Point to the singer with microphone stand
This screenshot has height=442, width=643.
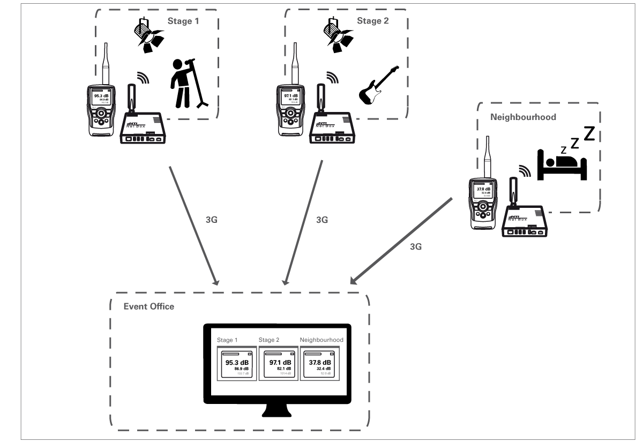pyautogui.click(x=183, y=83)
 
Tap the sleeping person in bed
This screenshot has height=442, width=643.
pyautogui.click(x=562, y=161)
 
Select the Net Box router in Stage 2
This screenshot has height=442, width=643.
pyautogui.click(x=328, y=126)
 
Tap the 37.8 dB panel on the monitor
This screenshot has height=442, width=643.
pyautogui.click(x=319, y=364)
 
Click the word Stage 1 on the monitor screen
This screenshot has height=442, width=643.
pyautogui.click(x=227, y=340)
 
